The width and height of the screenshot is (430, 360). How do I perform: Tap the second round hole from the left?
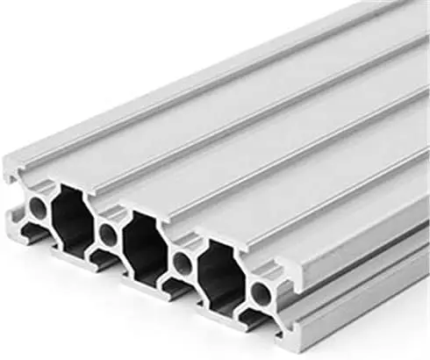[x=108, y=234]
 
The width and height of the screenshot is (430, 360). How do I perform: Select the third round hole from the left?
[x=183, y=261]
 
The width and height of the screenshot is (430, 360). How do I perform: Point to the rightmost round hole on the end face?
[x=262, y=291]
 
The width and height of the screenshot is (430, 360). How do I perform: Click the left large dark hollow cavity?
[x=73, y=220]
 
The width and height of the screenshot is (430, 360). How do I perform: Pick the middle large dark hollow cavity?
[x=143, y=246]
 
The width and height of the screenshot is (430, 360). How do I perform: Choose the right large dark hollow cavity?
[x=220, y=275]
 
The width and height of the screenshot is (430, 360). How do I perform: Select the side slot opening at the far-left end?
[x=11, y=197]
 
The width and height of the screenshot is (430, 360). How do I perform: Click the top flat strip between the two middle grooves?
[x=263, y=140]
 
